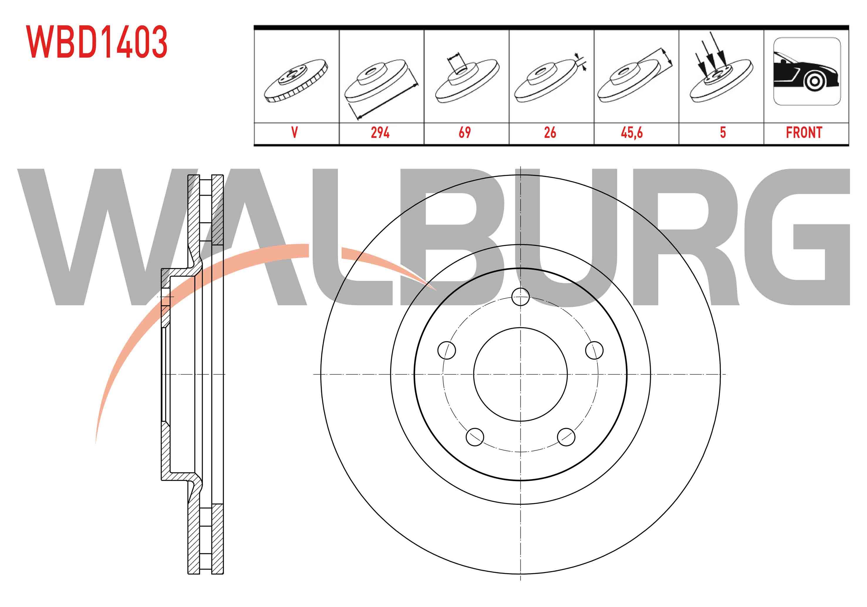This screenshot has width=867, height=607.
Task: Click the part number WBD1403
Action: pos(97,42)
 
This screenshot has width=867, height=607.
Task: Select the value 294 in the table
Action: pos(380,133)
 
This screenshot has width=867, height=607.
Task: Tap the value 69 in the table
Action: pos(465,133)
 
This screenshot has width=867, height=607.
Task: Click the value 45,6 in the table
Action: pos(632,133)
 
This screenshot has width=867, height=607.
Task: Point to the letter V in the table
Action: pos(295,133)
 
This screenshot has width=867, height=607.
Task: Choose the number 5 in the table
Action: pos(723,133)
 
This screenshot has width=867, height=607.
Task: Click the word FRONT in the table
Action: pos(804,133)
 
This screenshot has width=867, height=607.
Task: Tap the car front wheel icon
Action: pos(807,71)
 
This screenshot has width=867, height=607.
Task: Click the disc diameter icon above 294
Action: pos(381,89)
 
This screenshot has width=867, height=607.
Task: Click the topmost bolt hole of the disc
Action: pos(520,296)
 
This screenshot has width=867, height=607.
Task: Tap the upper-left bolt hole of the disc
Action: pos(446,350)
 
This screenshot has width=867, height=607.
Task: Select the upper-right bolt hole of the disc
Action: pos(594,350)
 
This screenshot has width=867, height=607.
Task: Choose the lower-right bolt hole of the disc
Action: pos(566,437)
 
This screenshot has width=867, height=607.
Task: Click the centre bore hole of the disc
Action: pos(520,374)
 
